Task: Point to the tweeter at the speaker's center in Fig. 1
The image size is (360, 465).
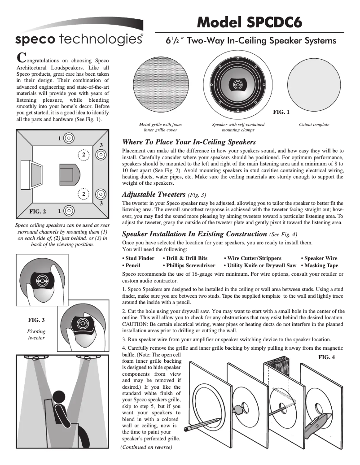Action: coord(237,84)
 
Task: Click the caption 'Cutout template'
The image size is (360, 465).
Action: coord(314,125)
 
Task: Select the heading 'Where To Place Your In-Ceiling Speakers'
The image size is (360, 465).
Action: coord(189,142)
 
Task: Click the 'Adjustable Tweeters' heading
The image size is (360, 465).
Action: coord(154,195)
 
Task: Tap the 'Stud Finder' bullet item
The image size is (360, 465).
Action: coord(139,258)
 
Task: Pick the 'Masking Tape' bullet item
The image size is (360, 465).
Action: coord(319,265)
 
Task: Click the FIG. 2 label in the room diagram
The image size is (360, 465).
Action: coord(38,210)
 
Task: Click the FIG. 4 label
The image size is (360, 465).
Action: coord(327,357)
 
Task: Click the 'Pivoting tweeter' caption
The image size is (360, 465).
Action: coord(36,334)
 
